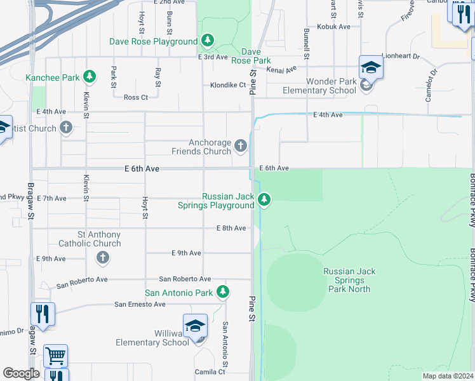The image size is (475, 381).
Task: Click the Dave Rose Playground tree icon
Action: (x=208, y=41)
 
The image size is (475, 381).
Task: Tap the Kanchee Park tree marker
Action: (x=90, y=77)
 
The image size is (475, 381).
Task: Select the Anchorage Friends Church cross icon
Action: (x=240, y=147)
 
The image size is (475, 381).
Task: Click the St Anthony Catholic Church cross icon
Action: (x=102, y=258)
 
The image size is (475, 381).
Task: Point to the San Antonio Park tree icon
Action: (x=222, y=292)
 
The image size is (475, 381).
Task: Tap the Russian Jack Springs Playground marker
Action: (x=265, y=201)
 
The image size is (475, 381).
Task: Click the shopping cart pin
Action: (x=55, y=356)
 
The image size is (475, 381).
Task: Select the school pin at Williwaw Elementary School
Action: (x=195, y=326)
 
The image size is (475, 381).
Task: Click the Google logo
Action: (x=20, y=373)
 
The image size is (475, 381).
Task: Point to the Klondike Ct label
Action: (x=228, y=85)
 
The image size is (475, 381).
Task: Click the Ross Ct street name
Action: (x=135, y=97)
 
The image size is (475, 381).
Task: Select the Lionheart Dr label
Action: (x=401, y=57)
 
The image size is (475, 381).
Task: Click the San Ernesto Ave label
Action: (x=140, y=304)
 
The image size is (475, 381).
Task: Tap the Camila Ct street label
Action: (x=210, y=372)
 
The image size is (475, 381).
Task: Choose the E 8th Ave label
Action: (x=231, y=228)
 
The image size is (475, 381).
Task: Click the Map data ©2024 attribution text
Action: (x=447, y=376)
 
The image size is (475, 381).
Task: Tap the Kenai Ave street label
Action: (x=281, y=69)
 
